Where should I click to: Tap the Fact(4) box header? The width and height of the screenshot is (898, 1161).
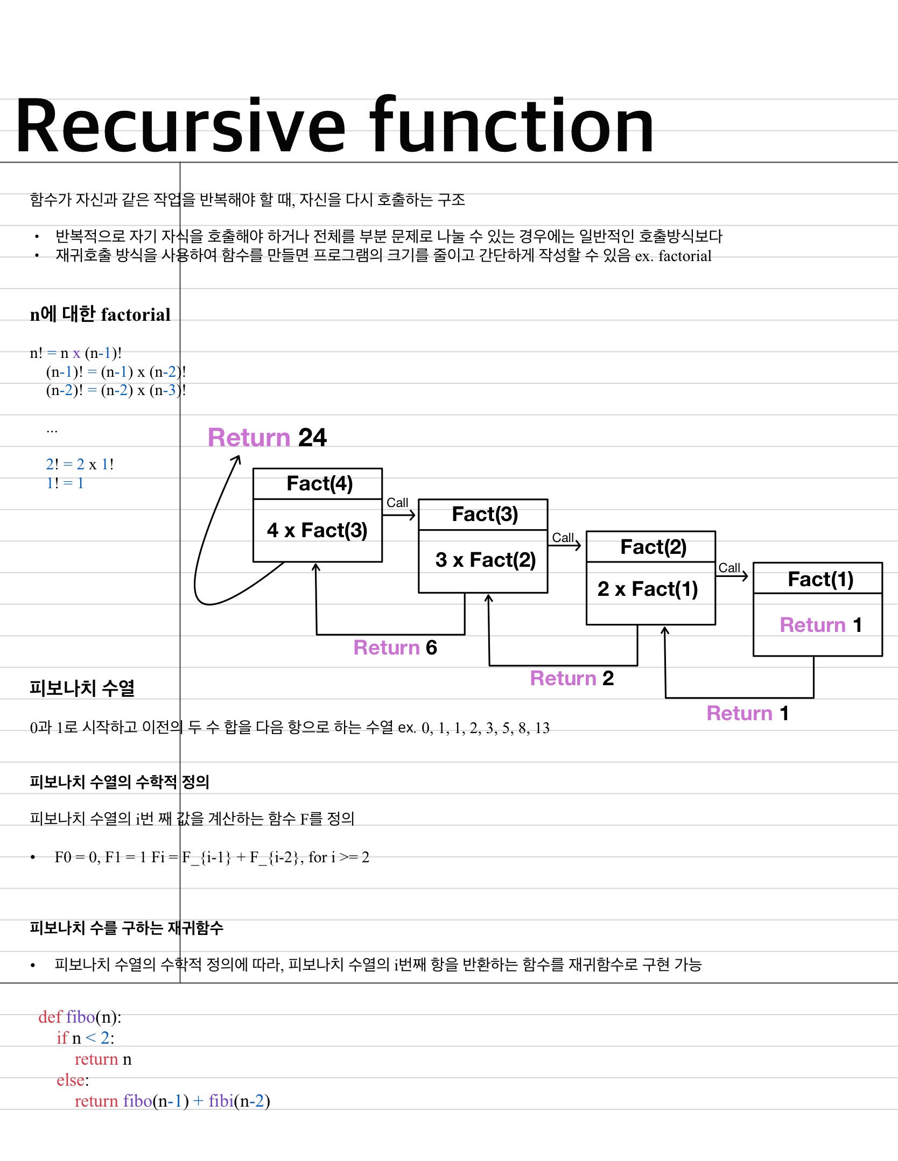[x=319, y=483]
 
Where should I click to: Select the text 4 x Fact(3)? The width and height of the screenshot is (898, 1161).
[x=317, y=530]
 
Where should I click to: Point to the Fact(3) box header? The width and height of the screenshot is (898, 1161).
[x=485, y=514]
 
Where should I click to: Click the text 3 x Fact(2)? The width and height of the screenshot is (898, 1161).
[x=485, y=560]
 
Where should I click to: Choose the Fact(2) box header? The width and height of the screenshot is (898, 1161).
[x=653, y=547]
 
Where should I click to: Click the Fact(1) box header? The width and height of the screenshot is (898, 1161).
[x=820, y=579]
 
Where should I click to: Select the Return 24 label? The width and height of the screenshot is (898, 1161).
[x=267, y=438]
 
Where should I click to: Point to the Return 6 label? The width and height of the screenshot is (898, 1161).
[x=395, y=648]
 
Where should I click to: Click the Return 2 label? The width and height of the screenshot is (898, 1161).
[x=572, y=678]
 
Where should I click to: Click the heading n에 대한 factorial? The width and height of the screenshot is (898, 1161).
[x=100, y=314]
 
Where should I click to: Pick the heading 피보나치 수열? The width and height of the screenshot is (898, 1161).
[x=82, y=688]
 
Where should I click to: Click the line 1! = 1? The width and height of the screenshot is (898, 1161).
[x=65, y=483]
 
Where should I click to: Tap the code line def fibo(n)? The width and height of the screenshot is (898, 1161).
[x=80, y=1017]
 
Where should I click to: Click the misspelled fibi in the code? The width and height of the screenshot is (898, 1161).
[x=221, y=1101]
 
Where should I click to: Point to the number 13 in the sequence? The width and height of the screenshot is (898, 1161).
[x=542, y=728]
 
